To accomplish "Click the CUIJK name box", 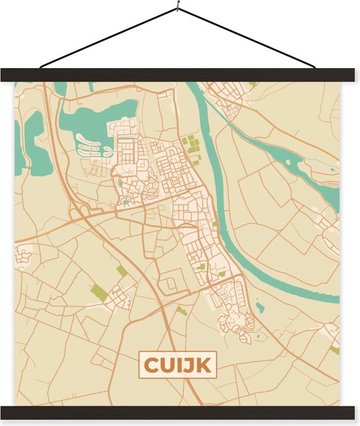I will pyautogui.click(x=177, y=365).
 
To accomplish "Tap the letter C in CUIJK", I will pyautogui.click(x=151, y=365).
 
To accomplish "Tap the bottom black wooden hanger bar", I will pyautogui.click(x=180, y=412).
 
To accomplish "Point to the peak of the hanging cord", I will pyautogui.click(x=178, y=9).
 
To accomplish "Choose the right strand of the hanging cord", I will pyautogui.click(x=249, y=38).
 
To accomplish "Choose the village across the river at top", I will pyautogui.click(x=229, y=98).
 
